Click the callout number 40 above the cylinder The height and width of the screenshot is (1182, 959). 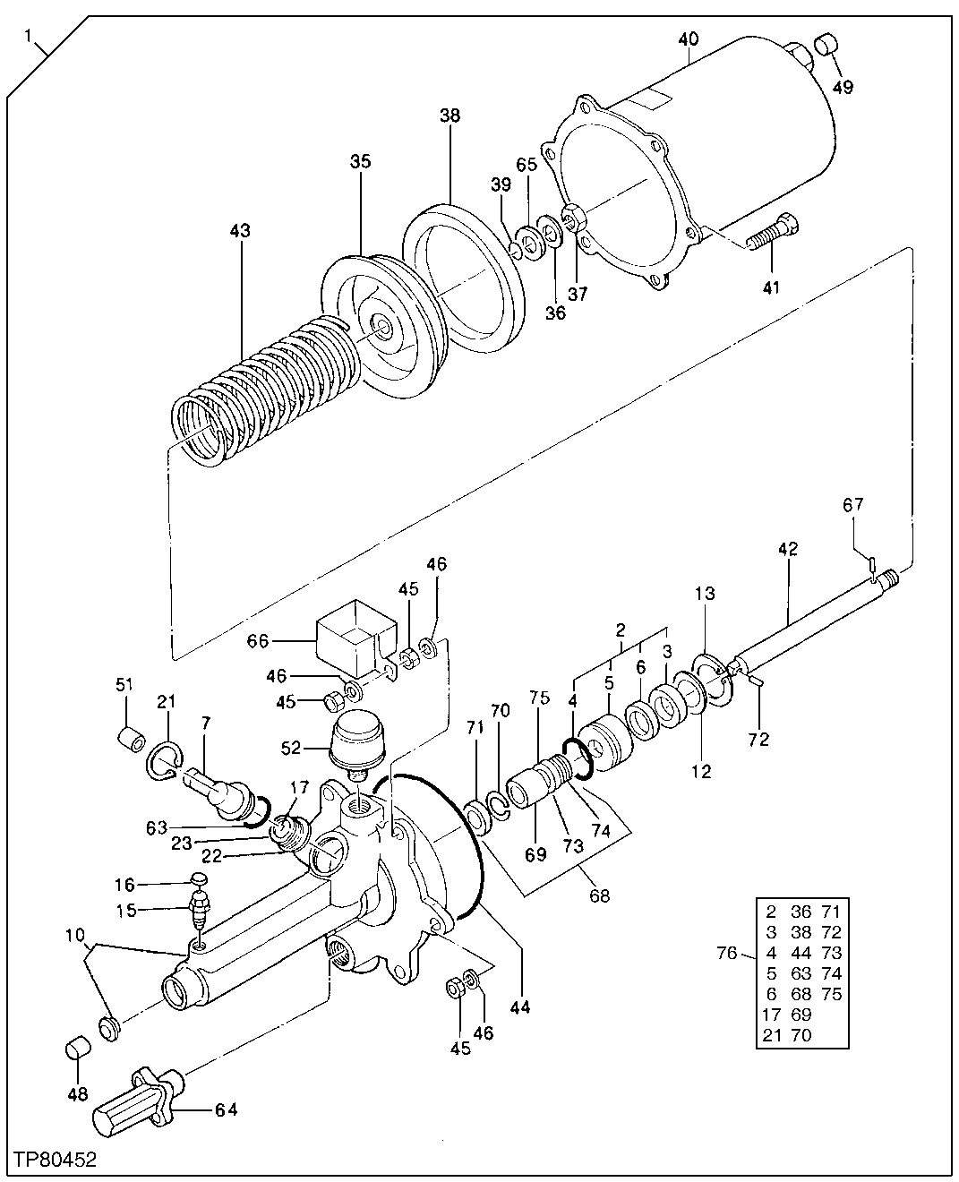coord(688,39)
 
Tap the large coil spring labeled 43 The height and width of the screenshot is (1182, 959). coord(260,394)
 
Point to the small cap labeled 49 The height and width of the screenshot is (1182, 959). coord(826,44)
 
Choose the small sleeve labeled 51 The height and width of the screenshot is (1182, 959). coord(132,741)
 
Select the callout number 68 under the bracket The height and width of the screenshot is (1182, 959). coord(599,895)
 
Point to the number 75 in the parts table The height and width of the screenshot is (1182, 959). coord(831,994)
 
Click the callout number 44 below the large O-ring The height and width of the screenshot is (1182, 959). coord(519,1006)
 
